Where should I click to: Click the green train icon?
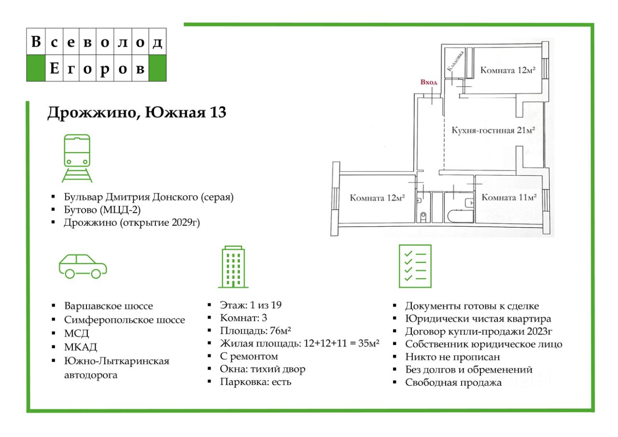[x=77, y=158]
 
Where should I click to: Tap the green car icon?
[x=83, y=266]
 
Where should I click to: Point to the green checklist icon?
[x=415, y=266]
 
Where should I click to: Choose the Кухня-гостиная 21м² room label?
[x=493, y=130]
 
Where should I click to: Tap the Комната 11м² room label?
[x=509, y=197]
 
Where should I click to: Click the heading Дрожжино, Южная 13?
[x=137, y=113]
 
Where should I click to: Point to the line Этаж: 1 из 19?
[x=251, y=305]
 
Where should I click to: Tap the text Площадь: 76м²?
[x=255, y=330]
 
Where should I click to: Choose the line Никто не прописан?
[x=452, y=357]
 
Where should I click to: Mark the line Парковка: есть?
[x=256, y=382]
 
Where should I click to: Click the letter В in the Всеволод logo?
[x=35, y=42]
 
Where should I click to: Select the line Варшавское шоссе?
[x=108, y=306]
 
